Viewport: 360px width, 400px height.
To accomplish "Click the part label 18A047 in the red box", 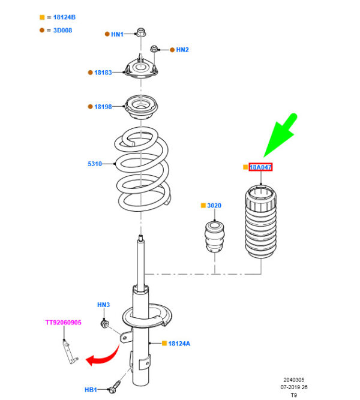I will (x=260, y=167).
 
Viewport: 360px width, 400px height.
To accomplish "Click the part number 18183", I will (x=103, y=73).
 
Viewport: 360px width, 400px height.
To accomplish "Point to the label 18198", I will (x=103, y=107).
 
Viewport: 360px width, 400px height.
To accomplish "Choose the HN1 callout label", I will (x=117, y=34).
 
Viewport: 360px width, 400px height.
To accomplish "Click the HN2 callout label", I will (x=182, y=50).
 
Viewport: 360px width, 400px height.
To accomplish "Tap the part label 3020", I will (x=214, y=206).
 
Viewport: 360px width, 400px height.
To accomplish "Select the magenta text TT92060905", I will (x=63, y=323).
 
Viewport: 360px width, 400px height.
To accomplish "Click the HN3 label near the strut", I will (x=103, y=305).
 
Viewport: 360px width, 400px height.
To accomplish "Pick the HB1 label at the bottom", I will (x=91, y=390).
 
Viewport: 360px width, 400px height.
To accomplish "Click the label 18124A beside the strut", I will (x=179, y=344).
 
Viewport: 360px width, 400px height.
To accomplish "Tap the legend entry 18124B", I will (x=60, y=18).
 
